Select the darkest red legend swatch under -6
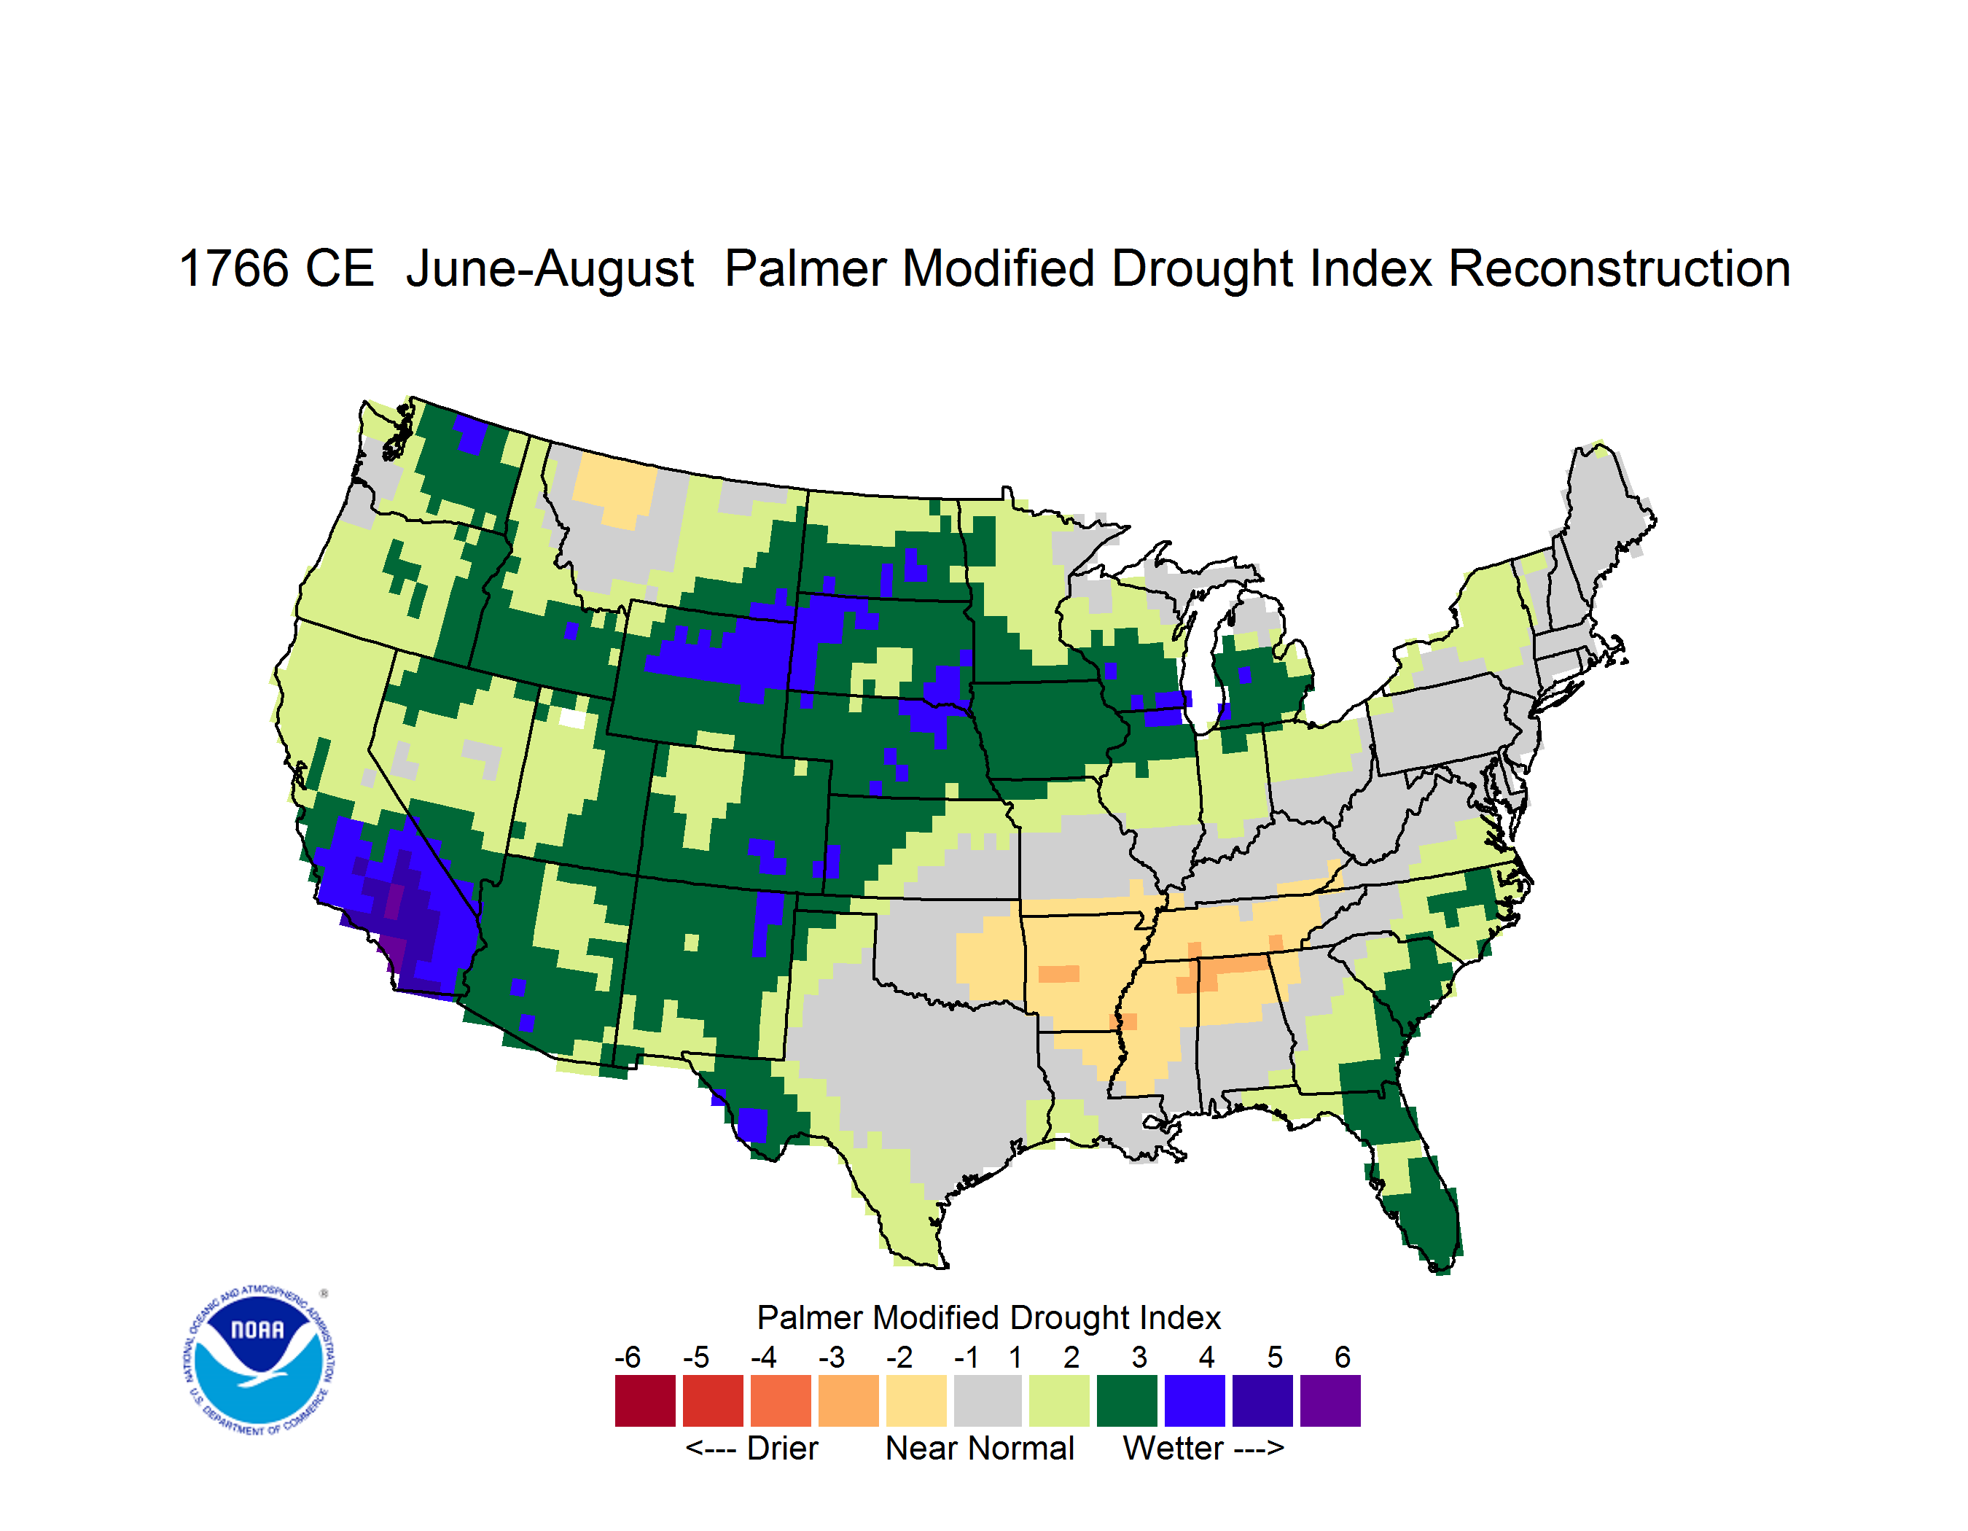[645, 1401]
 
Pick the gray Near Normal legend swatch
[988, 1401]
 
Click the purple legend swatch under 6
[1330, 1401]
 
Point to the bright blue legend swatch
[1195, 1401]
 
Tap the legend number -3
[832, 1357]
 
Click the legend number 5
[1274, 1357]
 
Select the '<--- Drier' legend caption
[751, 1448]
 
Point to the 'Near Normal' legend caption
[980, 1448]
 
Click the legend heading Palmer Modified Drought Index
[988, 1317]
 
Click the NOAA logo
[259, 1360]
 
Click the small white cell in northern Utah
[571, 718]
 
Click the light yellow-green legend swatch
[1059, 1401]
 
